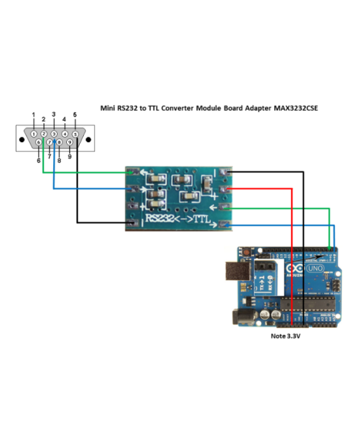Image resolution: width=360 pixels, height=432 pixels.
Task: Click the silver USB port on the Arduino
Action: [x=236, y=275]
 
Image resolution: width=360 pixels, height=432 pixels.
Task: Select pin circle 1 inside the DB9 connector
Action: [x=33, y=134]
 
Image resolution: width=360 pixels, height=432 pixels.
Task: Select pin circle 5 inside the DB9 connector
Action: [x=75, y=134]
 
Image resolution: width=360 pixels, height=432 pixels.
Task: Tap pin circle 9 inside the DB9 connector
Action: [x=69, y=141]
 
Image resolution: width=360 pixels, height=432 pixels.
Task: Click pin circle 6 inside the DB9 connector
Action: [x=39, y=141]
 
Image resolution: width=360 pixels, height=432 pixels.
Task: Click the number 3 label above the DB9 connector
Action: [x=54, y=114]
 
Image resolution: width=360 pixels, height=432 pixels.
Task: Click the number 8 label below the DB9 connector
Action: [x=59, y=159]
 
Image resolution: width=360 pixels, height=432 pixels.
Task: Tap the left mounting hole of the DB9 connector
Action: [x=22, y=139]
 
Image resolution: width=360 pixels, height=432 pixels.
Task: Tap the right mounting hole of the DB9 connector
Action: [x=89, y=139]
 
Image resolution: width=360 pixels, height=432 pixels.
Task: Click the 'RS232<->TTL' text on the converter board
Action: [x=178, y=220]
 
